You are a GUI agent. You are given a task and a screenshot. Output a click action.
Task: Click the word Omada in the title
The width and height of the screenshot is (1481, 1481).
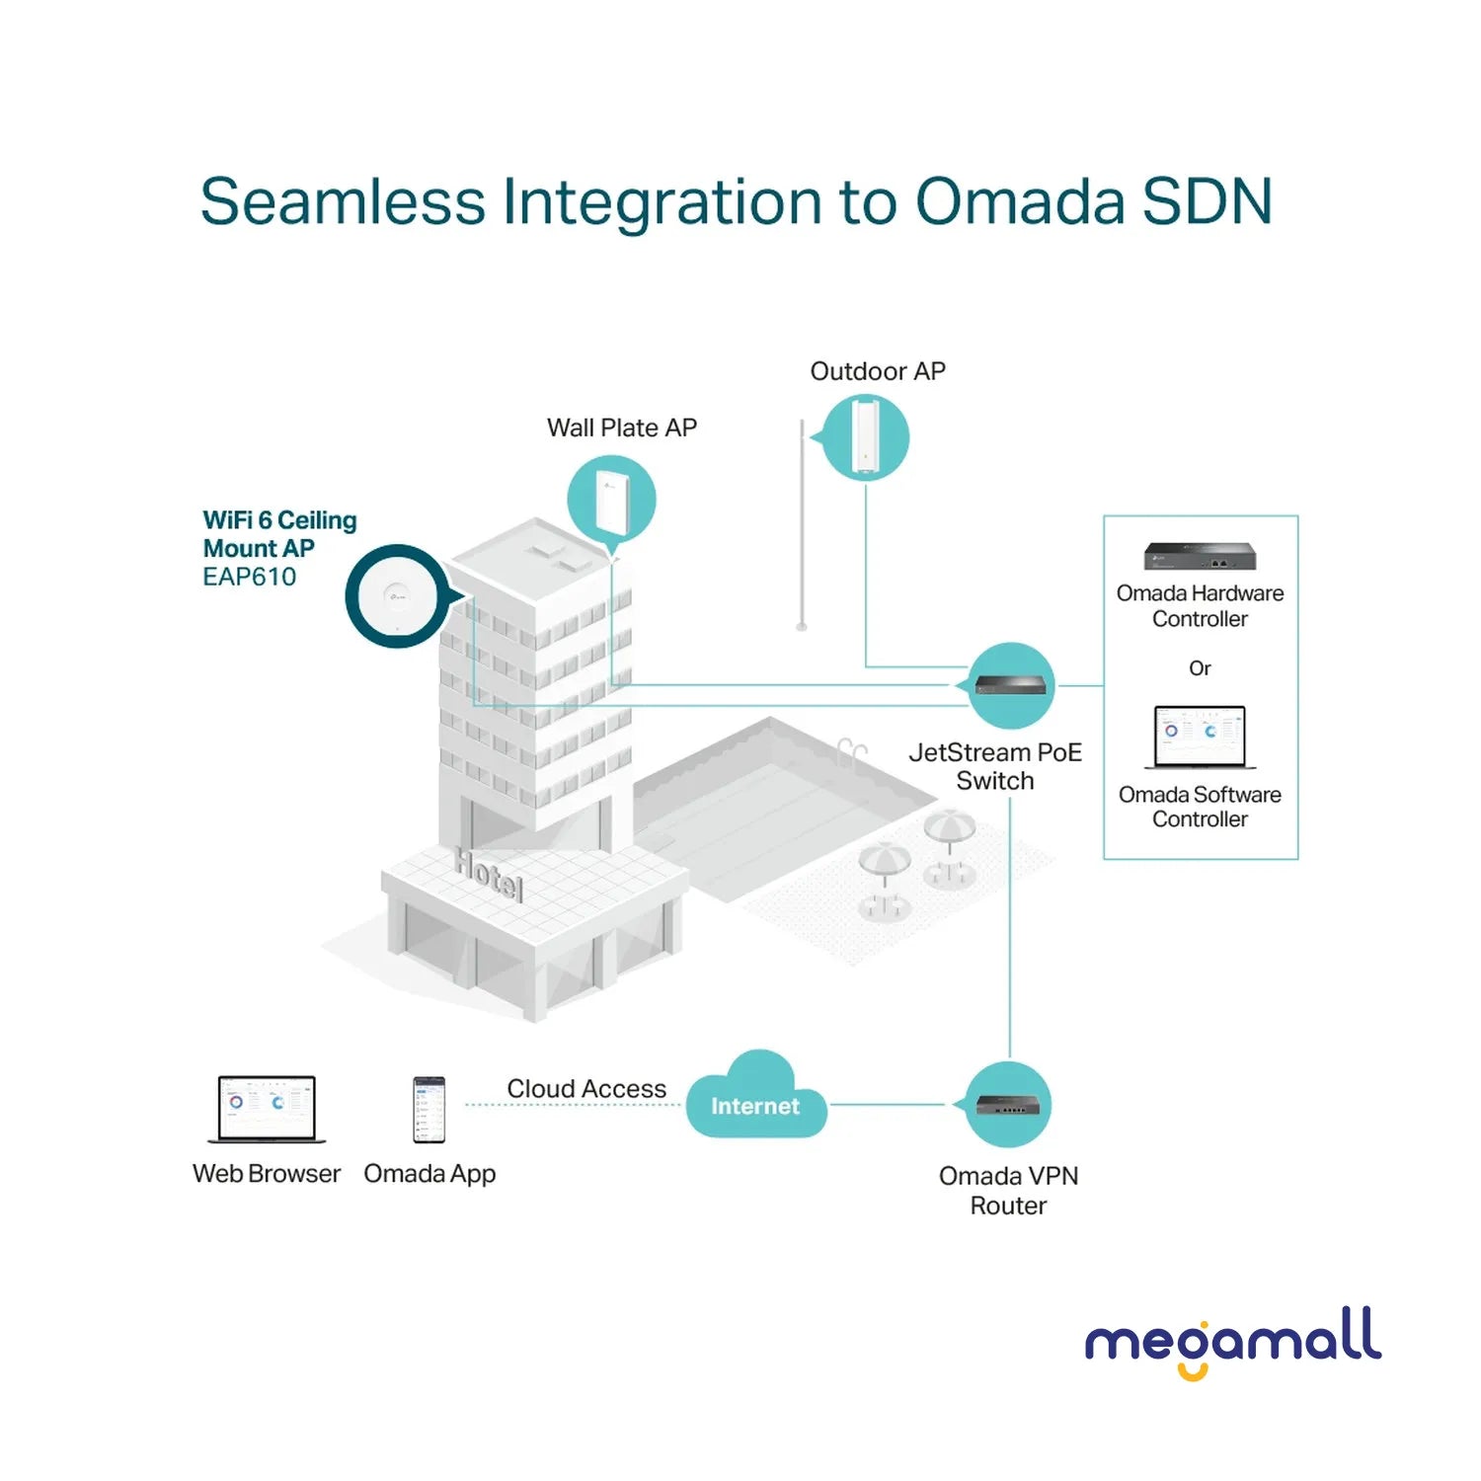[1020, 202]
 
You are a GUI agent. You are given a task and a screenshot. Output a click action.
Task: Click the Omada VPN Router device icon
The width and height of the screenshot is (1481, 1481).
[1007, 1105]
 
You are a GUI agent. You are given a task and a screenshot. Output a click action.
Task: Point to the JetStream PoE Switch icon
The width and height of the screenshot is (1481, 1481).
[1012, 684]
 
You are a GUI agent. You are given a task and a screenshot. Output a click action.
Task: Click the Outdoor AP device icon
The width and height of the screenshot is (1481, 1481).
[866, 436]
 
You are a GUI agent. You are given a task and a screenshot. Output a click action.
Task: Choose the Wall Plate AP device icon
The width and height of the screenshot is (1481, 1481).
[612, 500]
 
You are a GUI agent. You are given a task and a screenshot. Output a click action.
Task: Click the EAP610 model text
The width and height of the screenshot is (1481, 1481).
[249, 578]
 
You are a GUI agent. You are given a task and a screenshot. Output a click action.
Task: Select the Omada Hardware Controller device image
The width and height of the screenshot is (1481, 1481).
[1200, 557]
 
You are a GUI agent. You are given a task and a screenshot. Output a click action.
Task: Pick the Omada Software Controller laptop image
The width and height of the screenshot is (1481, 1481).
[1200, 738]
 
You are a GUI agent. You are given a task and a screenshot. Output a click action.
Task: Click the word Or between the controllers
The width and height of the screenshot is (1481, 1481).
[1200, 668]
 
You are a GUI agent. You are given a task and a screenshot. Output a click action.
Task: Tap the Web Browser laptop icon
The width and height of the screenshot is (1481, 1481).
[267, 1110]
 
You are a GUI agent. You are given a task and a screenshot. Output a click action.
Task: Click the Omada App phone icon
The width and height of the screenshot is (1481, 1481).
[429, 1110]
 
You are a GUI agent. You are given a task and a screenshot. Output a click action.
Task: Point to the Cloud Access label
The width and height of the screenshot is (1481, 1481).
[586, 1088]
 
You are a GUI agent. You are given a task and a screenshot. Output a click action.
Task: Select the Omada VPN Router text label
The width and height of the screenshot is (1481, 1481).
[1008, 1191]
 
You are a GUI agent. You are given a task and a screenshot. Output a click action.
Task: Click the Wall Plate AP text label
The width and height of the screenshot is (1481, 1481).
[622, 428]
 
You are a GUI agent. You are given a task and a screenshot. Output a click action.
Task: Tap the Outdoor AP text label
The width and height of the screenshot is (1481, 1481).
[878, 371]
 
